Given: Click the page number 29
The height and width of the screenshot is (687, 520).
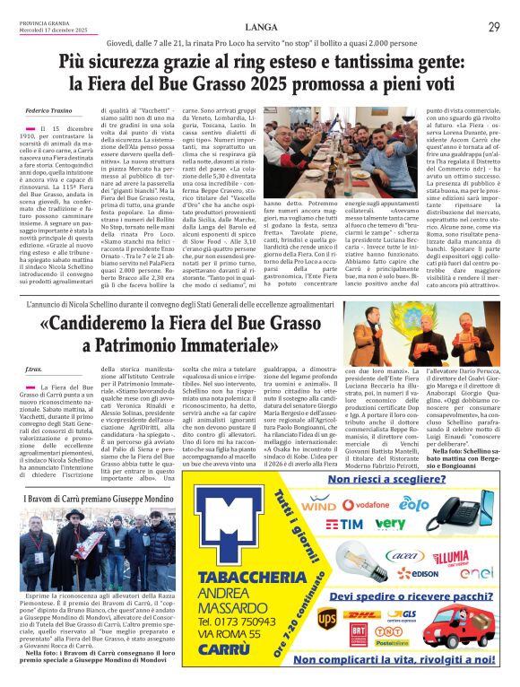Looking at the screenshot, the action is [x=493, y=26].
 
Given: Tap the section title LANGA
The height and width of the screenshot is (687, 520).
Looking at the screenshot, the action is [x=260, y=26].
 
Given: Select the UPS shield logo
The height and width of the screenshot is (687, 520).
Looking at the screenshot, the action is [x=328, y=617].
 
